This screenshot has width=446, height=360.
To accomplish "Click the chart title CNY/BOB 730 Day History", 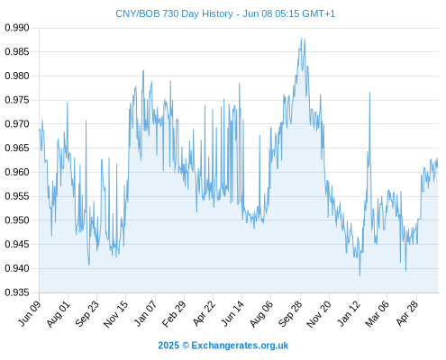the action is pos(174,13).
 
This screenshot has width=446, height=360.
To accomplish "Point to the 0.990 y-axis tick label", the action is pos(17,28).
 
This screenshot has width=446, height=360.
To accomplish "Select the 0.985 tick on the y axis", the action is pos(17,52).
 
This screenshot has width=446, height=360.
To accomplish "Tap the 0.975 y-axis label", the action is pos(17,100).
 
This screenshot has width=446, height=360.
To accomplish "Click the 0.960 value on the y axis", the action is pos(17,172).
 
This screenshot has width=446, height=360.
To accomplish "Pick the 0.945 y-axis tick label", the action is pos(17,244).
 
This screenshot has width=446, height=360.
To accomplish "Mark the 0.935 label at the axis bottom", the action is pos(17,292).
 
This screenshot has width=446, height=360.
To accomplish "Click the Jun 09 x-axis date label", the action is pos(30,313).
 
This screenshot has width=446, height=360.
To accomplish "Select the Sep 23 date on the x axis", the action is pos(86,314).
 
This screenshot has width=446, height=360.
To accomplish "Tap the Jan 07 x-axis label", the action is pos(145,313).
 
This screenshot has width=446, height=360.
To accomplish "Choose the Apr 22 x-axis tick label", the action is pos(204,313).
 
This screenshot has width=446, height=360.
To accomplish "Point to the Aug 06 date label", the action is pos(261,314).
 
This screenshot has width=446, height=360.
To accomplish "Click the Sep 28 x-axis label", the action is pos(290,314).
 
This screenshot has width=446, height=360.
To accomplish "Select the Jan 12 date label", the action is pos(349,313).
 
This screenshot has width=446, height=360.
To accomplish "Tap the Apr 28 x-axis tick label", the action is pos(407,313).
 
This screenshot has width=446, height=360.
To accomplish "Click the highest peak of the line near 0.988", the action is pos(301,39).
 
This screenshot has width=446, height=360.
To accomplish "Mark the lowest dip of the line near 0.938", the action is pos(360,275).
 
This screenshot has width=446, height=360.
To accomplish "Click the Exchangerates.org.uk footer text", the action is pos(240,346).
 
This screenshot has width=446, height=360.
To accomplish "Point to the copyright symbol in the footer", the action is pos(186,346).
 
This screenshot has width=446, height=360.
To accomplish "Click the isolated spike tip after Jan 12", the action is pos(369,93).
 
